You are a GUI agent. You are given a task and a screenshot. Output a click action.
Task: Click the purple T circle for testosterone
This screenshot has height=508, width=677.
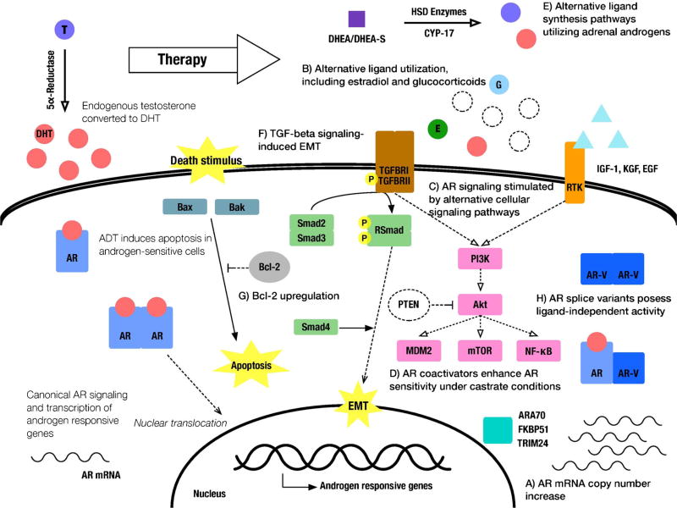coord(66,30)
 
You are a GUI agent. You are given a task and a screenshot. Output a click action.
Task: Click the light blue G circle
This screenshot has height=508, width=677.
coord(499,86)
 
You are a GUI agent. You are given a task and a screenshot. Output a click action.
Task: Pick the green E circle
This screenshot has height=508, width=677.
coord(438,129)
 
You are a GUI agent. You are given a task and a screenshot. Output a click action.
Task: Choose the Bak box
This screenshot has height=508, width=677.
coord(236,207)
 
